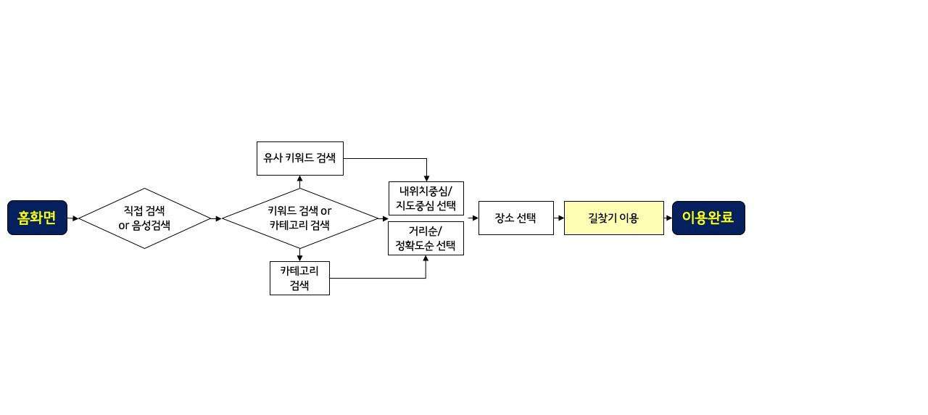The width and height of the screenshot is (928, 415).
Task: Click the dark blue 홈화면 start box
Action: coord(37,218)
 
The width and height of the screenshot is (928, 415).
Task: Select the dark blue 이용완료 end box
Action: coord(708,218)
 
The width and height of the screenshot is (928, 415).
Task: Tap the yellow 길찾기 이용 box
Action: coord(613,218)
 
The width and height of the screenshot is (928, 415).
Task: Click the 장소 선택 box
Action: coord(515,218)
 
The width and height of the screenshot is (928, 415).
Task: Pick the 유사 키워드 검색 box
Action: coord(299,158)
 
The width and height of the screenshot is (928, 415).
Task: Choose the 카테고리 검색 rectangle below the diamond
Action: coord(299,278)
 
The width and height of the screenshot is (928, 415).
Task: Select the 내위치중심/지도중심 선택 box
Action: coord(426,198)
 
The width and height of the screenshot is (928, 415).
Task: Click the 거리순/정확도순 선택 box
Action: coord(426,238)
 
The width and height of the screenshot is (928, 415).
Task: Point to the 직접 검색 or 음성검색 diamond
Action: coord(144,218)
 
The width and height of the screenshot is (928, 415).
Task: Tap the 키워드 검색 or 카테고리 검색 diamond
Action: coord(299,218)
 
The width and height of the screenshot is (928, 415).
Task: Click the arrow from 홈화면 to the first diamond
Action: coord(73,218)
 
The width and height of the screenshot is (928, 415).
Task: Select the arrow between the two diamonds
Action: coord(216,218)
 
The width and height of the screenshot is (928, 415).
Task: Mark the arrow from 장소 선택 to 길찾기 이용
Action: coord(559,218)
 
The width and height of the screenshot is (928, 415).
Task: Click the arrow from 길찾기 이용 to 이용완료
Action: coord(668,218)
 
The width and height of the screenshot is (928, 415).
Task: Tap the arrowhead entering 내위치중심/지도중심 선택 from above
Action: coord(426,178)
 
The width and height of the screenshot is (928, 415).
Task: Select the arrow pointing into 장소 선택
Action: coord(473,218)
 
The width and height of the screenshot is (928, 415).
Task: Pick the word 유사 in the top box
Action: coord(273,158)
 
